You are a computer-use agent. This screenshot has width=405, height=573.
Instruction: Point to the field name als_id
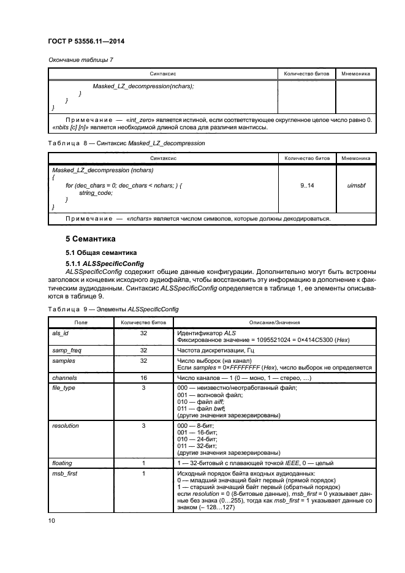pos(61,332)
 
